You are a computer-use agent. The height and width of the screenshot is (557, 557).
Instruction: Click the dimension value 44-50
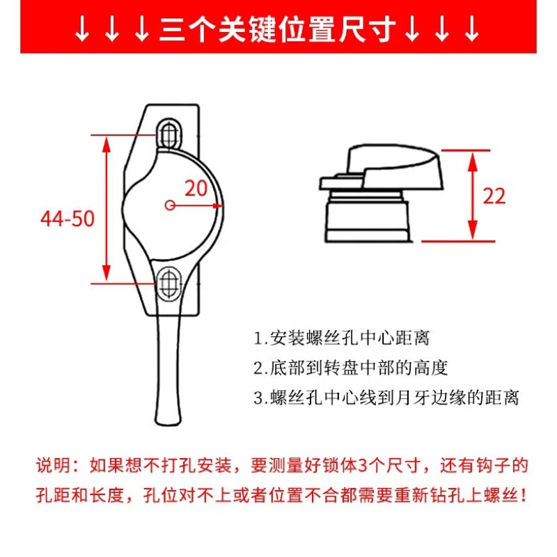67,219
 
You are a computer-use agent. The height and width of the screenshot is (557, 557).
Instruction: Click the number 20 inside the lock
197,188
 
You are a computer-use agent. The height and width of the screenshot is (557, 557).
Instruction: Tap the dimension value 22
494,196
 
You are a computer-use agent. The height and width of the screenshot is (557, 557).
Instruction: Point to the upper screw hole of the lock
168,132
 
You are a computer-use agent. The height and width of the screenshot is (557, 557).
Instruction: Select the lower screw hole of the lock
168,282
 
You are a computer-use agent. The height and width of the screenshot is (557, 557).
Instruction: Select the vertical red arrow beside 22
473,194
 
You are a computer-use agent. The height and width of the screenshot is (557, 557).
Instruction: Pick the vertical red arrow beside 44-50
107,208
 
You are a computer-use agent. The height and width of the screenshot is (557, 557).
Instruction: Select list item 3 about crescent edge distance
386,398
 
